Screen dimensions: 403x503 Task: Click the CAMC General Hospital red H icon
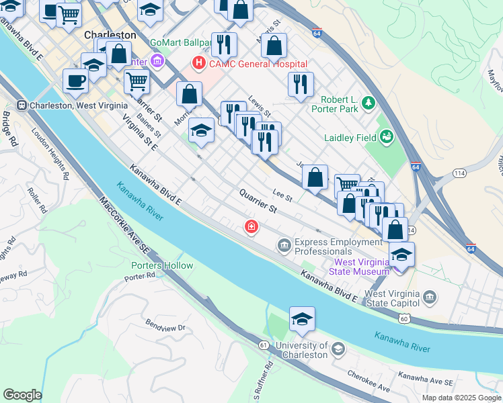click(x=199, y=64)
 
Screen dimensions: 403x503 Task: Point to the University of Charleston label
click(x=292, y=351)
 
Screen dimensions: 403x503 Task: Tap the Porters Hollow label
click(x=162, y=265)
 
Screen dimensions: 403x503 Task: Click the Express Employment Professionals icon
click(x=284, y=247)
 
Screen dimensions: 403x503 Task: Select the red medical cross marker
click(x=251, y=228)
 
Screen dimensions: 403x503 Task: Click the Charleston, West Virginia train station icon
click(x=22, y=105)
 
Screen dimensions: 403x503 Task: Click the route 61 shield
click(x=261, y=345)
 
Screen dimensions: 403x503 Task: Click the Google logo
click(x=22, y=395)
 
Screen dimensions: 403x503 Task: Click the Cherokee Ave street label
click(x=369, y=382)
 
